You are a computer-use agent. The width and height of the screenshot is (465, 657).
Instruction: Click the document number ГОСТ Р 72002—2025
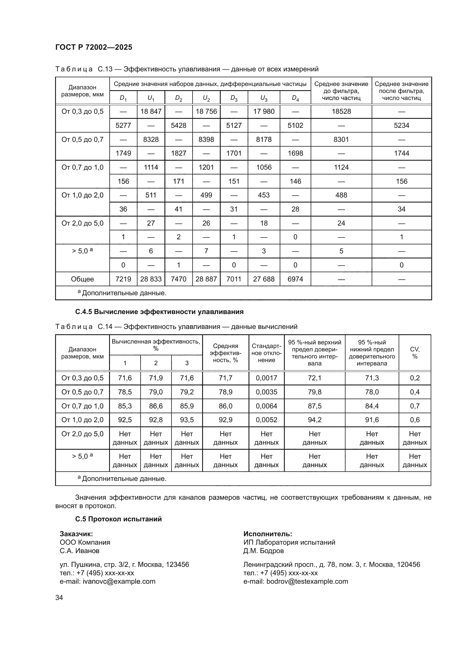coord(94,47)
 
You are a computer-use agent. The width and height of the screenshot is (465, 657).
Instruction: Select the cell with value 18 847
coord(151,111)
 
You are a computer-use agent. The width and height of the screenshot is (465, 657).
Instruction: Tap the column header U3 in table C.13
coord(264,98)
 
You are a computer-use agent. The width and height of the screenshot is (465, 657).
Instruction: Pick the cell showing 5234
coord(401,125)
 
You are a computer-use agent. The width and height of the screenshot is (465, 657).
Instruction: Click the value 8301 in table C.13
coord(341,139)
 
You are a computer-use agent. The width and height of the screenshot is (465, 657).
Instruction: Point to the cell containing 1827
coord(179,153)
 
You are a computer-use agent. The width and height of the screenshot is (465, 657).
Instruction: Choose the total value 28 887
coord(206,279)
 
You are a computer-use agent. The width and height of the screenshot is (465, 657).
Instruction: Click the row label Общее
coord(82,279)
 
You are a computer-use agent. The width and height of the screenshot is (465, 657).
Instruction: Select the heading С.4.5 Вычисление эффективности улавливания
coord(159,312)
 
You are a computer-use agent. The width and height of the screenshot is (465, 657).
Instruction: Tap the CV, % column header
coord(415,353)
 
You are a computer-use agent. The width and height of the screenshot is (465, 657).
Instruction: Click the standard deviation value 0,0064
coord(266,406)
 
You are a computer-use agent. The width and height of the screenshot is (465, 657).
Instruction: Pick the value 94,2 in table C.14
coord(314,420)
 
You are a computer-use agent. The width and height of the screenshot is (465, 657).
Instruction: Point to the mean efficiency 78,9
coord(225,392)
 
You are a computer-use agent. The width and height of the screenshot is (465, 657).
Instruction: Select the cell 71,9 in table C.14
coord(156,378)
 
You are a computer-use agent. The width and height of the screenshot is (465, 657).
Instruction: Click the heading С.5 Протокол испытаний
coord(118,519)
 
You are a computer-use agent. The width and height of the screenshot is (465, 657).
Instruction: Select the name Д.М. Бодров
coord(263,551)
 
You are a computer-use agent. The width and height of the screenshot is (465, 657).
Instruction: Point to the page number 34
coord(59,597)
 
